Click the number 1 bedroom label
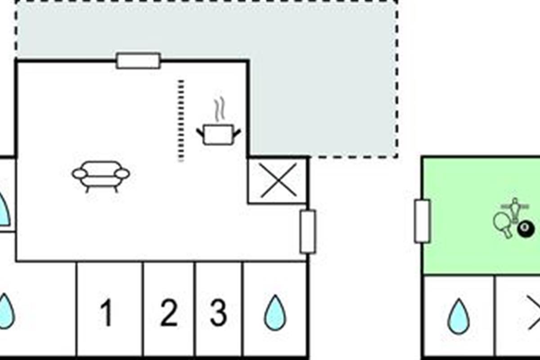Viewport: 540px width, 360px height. (106, 313)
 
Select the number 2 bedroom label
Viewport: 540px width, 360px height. (169, 313)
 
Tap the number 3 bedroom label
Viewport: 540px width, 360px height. (218, 313)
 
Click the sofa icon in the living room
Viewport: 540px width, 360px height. (101, 175)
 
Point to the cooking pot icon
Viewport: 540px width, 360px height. (218, 135)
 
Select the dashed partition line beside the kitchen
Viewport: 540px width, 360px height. (181, 120)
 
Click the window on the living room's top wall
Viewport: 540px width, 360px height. (138, 61)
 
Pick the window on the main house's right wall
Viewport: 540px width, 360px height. (308, 231)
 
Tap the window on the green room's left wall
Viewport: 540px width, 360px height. (422, 221)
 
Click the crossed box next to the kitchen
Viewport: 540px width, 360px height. (279, 180)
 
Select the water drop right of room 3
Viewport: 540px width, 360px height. (274, 313)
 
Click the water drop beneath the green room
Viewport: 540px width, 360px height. (459, 316)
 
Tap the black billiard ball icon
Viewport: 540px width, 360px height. (525, 229)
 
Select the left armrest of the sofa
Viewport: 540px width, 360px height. (80, 174)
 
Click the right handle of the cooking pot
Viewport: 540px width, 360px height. (236, 132)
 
